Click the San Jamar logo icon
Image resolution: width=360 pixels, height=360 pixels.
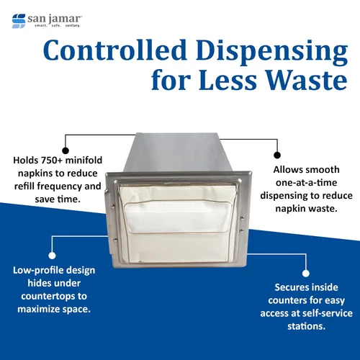coord(19,21)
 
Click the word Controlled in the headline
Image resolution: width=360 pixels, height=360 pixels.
coord(115,50)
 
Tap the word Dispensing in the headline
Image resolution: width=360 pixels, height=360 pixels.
coord(272,53)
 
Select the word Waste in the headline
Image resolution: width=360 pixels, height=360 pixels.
coord(307,80)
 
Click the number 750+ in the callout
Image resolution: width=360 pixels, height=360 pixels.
coord(51,160)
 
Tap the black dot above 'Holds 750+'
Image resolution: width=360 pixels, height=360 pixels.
coord(66,150)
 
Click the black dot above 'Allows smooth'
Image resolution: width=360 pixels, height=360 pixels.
coord(277,155)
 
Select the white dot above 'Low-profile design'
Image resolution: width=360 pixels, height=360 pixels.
coord(52,256)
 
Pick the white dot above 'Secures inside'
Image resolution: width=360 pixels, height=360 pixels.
coord(305,273)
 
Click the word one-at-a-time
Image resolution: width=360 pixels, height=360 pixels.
coord(306,183)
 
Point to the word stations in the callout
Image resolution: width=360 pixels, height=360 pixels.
coord(306,326)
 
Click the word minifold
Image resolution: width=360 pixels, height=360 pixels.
coord(84,160)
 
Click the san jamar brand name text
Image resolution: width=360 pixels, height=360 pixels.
coord(54,19)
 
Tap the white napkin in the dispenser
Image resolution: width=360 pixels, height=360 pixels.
coord(178,223)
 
